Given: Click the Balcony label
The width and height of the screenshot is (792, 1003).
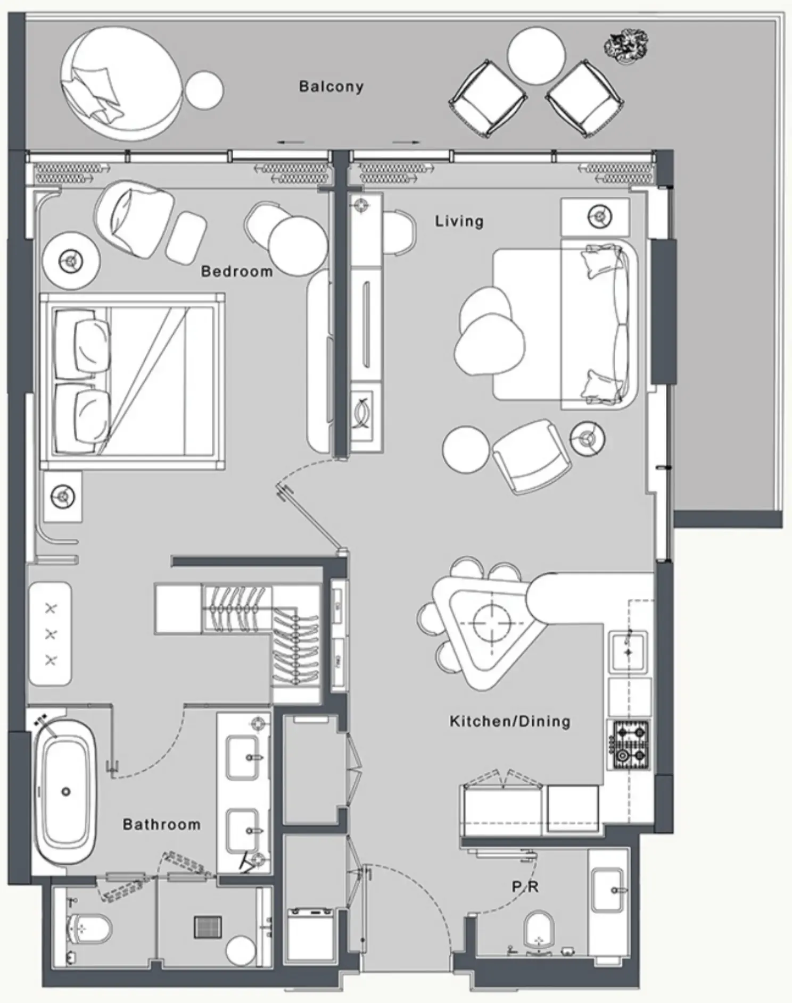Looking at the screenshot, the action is click(x=331, y=86).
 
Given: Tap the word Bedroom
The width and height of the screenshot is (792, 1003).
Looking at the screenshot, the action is click(x=237, y=271).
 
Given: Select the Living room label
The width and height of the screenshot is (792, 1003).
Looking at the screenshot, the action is click(x=459, y=221).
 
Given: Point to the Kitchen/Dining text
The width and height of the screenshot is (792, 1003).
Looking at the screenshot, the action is click(x=510, y=722).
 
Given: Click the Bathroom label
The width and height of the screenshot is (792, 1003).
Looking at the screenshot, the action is click(x=162, y=824).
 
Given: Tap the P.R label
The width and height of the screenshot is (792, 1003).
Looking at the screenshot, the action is click(x=525, y=887).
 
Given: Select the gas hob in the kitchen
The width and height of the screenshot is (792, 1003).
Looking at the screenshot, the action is click(x=631, y=744).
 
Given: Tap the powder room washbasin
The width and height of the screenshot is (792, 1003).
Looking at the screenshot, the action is click(x=608, y=890).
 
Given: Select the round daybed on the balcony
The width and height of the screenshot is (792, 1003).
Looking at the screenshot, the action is click(x=121, y=83).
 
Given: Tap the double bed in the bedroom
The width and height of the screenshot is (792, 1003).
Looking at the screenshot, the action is click(x=133, y=381).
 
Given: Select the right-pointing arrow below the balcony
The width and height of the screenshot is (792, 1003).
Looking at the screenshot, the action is click(x=406, y=143).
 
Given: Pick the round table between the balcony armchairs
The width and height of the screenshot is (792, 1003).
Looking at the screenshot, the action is click(x=536, y=56).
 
